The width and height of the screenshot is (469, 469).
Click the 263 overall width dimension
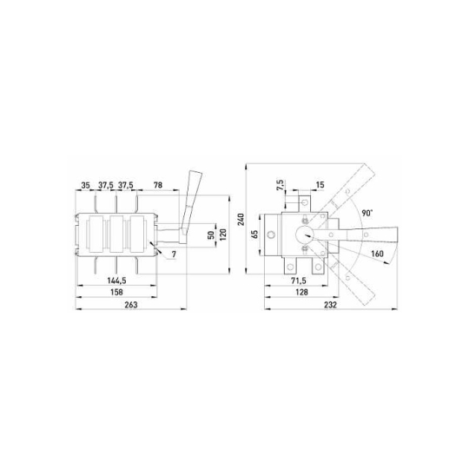pyautogui.click(x=131, y=305)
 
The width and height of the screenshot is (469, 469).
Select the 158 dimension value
pyautogui.click(x=116, y=292)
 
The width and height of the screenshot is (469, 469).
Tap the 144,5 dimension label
pyautogui.click(x=116, y=281)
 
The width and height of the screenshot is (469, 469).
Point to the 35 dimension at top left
pyautogui.click(x=85, y=185)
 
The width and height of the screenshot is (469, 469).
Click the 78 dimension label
pyautogui.click(x=158, y=185)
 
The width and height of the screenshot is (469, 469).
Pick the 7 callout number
pyautogui.click(x=174, y=254)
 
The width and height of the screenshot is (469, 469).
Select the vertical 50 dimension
pyautogui.click(x=211, y=235)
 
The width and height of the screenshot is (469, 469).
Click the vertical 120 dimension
pyautogui.click(x=223, y=234)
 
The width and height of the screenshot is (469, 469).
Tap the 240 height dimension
pyautogui.click(x=241, y=220)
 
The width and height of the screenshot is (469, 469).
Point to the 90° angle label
pyautogui.click(x=367, y=213)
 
